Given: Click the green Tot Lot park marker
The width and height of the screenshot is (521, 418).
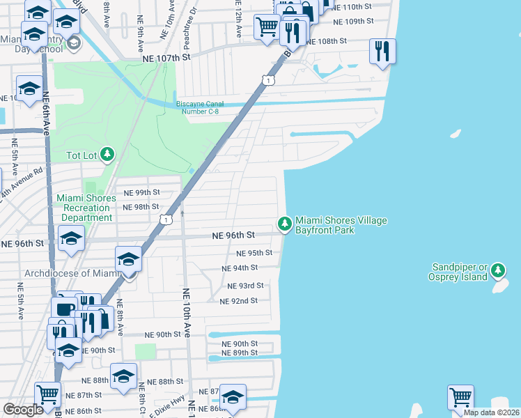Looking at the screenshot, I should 107,153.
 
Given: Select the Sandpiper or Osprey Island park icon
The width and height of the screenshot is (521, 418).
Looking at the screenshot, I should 497,270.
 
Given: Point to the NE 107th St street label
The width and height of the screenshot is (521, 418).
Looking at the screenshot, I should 166,60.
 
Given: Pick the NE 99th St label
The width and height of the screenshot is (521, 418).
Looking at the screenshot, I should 141,192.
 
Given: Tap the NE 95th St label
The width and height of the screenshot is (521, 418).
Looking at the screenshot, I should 254,254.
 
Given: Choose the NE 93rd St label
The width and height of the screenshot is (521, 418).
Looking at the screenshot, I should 245,286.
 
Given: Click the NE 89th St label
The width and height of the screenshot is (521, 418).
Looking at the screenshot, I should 239,353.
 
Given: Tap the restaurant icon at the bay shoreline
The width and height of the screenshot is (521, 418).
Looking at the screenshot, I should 382,51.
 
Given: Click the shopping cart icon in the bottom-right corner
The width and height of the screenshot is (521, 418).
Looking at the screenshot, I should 460,397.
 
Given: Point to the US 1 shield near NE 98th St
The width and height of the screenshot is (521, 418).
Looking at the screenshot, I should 165,219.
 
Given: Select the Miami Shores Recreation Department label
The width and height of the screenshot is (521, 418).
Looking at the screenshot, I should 84,208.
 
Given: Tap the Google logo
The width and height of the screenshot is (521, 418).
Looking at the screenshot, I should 23,410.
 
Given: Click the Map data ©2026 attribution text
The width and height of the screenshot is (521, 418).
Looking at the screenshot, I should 491,412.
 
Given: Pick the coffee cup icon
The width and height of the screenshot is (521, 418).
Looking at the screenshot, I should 64,309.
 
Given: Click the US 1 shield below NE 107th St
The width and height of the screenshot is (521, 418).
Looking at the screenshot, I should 267,82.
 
